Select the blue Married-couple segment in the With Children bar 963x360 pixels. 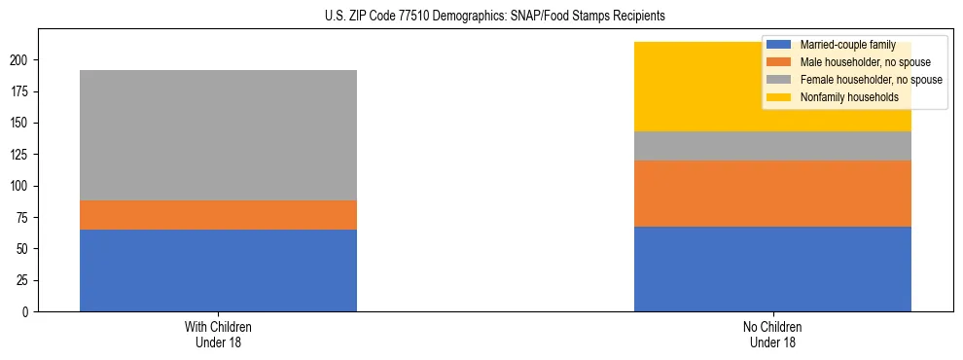coord(218,270)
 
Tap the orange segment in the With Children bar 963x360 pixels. coord(218,215)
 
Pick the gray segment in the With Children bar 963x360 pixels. coord(218,135)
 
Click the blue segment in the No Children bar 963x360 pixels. coord(772,270)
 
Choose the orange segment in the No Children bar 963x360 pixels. coord(772,194)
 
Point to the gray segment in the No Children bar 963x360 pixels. coord(772,146)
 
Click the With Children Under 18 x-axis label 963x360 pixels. coord(218,334)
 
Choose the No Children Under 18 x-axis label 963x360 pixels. coord(772,334)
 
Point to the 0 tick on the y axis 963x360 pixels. coord(25,312)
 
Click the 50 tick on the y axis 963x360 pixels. coord(22,249)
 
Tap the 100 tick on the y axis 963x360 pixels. coord(19,186)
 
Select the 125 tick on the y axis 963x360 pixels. coord(19,155)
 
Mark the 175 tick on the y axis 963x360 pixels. coord(19,91)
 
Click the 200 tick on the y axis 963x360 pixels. coord(19,60)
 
